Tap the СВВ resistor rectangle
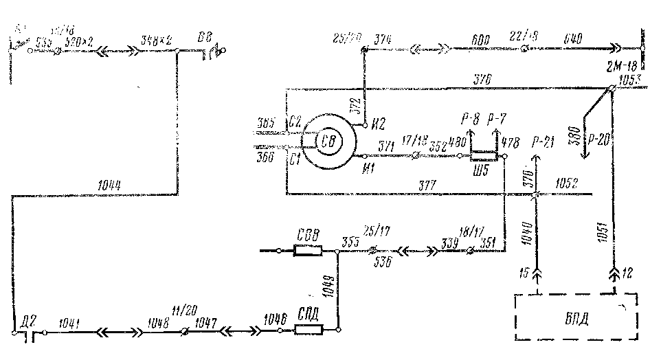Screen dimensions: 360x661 pyautogui.click(x=308, y=251)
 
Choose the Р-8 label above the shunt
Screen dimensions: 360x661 pyautogui.click(x=471, y=118)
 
